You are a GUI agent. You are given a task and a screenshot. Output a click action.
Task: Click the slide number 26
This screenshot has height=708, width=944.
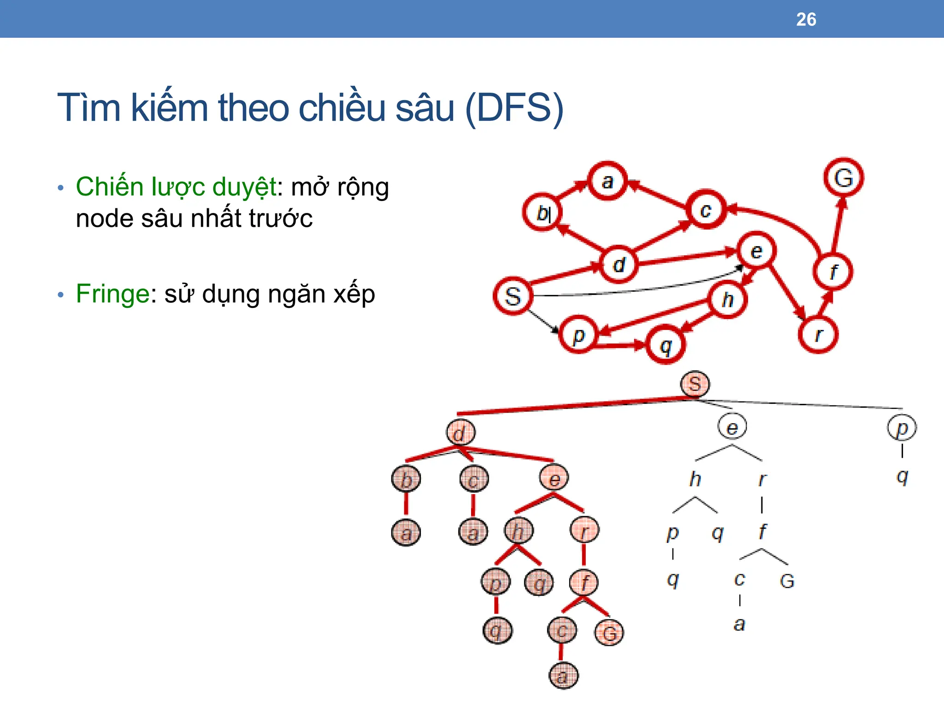pos(806,19)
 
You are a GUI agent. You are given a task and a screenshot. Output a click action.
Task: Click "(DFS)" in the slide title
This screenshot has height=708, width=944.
pos(514,108)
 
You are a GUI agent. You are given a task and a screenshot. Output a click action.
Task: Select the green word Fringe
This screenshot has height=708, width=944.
pos(112,294)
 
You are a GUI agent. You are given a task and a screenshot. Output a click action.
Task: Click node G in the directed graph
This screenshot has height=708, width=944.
pos(844,178)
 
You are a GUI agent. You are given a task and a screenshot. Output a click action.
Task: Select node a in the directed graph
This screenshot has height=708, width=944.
pos(608,181)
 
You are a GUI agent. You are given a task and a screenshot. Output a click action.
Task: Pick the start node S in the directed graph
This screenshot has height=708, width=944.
pos(513,296)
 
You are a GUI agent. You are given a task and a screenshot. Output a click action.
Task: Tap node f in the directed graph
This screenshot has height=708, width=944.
pos(833,271)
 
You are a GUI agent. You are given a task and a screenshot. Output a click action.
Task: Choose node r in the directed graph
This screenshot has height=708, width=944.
pos(818,335)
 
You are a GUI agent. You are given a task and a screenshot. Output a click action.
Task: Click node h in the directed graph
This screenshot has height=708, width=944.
pos(728,300)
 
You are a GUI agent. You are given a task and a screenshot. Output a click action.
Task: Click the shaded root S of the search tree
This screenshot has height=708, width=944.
pos(695,384)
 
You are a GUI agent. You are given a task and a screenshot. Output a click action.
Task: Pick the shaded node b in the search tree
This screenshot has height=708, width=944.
pos(406,479)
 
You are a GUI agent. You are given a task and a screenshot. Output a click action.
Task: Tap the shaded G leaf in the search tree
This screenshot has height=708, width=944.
pos(609,633)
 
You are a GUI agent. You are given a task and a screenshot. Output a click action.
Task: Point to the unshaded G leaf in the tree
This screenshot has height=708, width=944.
pos(787,581)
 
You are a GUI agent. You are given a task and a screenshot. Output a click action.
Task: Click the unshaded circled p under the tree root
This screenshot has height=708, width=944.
pos(902,428)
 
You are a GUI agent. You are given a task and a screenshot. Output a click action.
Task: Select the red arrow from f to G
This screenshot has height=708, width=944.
pos(838,226)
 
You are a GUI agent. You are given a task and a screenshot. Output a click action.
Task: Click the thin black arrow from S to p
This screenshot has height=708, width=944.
pos(543,321)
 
